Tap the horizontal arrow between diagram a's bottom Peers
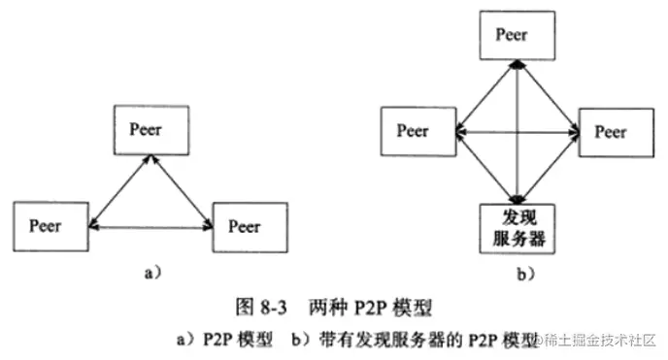[150, 227]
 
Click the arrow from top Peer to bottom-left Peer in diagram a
[116, 189]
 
